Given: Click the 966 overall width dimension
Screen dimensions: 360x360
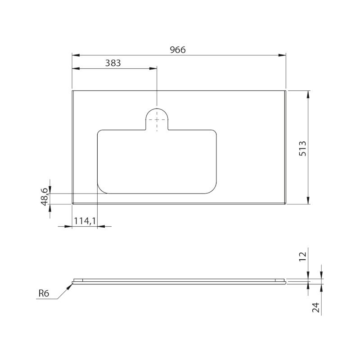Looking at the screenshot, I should (177, 50).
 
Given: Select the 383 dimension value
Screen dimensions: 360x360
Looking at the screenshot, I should (113, 63).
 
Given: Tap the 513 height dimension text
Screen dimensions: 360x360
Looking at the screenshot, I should (303, 148).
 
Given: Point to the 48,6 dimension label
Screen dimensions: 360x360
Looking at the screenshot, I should (44, 197).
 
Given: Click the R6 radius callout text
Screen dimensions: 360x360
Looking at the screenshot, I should (44, 294).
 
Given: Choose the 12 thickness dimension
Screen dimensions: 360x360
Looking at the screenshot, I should (303, 256).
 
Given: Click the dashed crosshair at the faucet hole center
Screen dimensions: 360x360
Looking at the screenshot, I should (157, 119).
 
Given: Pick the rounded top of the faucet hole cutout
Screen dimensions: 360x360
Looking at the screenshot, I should (157, 108).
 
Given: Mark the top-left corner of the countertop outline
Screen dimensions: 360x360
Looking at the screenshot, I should (72, 90).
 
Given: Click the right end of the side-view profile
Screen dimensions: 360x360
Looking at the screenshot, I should (285, 282).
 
